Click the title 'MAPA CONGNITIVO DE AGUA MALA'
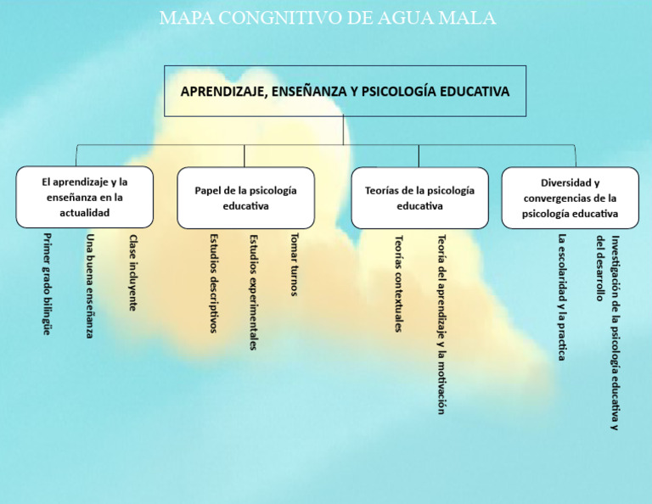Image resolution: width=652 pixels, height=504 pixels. [328, 19]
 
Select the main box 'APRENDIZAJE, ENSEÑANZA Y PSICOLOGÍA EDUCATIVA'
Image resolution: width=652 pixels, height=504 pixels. [346, 91]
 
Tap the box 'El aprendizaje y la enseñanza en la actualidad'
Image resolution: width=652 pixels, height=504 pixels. [84, 197]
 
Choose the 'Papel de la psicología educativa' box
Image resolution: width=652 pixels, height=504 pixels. [245, 198]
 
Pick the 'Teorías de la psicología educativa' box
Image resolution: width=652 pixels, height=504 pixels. [419, 198]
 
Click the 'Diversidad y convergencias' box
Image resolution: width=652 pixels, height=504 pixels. [570, 198]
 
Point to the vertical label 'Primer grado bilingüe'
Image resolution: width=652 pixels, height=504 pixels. [48, 284]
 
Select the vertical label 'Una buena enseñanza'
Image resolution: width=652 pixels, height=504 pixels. [90, 286]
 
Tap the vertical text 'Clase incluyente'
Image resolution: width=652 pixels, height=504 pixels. [132, 272]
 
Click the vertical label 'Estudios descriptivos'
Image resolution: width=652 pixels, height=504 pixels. [213, 283]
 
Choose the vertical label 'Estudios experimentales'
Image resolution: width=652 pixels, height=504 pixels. [254, 293]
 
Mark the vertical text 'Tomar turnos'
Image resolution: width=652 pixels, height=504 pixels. [295, 265]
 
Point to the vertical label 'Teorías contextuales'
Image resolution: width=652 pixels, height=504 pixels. [398, 283]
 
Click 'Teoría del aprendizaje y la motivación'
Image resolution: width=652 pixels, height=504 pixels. [441, 324]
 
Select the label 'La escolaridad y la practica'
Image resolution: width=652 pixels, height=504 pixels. [562, 297]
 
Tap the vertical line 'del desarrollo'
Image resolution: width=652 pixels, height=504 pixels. [599, 268]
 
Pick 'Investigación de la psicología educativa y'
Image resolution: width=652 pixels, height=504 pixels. [615, 333]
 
